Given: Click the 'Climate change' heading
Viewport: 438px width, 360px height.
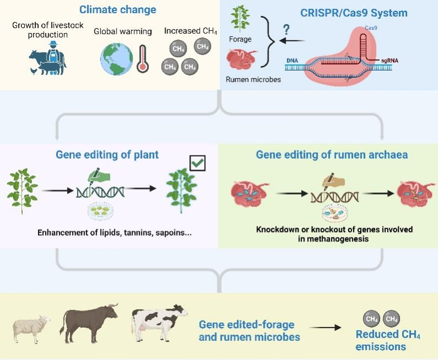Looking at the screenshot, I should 117,9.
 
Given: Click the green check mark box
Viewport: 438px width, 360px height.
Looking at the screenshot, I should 197,163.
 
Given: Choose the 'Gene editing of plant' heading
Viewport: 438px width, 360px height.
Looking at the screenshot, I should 107,155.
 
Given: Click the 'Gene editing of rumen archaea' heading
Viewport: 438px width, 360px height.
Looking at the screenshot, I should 332,155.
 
